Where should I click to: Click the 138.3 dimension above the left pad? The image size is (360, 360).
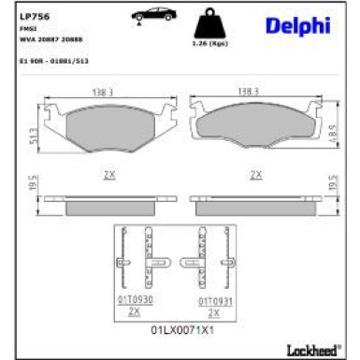tap(103, 92)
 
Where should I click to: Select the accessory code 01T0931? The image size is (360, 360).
tap(213, 300)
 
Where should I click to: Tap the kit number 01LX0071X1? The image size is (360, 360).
tap(176, 331)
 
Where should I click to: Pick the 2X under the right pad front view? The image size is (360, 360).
tap(254, 175)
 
